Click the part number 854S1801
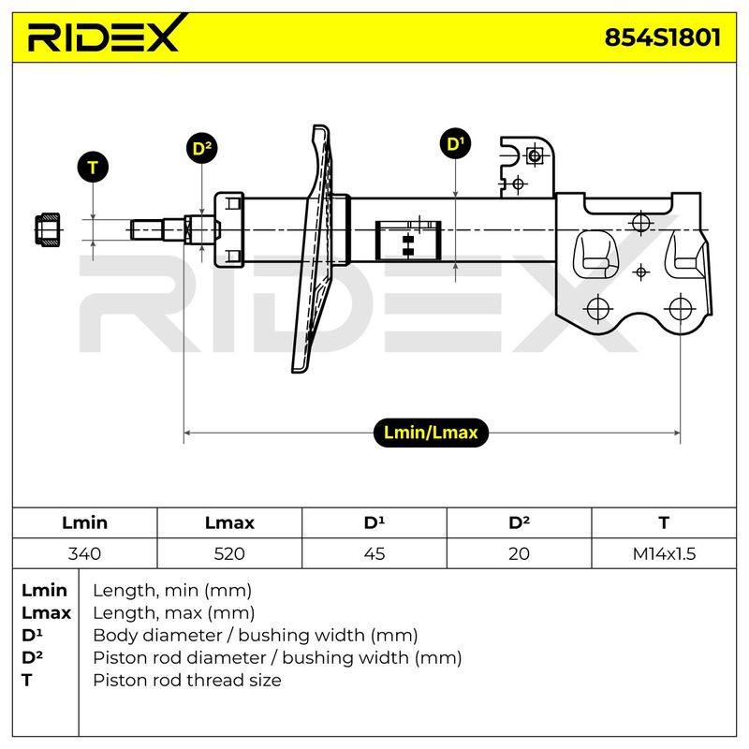[x=663, y=37]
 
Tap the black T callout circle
[x=93, y=168]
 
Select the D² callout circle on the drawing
[x=201, y=148]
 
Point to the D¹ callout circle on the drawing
[x=455, y=143]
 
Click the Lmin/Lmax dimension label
[x=431, y=433]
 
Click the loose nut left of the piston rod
[x=48, y=229]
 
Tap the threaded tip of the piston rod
[x=147, y=229]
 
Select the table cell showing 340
[x=84, y=553]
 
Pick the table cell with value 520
[x=229, y=553]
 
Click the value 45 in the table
[x=374, y=553]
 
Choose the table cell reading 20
[x=519, y=553]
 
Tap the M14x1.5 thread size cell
[x=664, y=553]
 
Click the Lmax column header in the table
[x=229, y=522]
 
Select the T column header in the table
[x=664, y=522]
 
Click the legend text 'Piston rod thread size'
[x=186, y=680]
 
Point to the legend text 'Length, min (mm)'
[x=172, y=591]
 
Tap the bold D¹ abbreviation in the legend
[x=32, y=635]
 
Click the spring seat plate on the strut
[x=313, y=248]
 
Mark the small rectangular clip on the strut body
[x=408, y=241]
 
